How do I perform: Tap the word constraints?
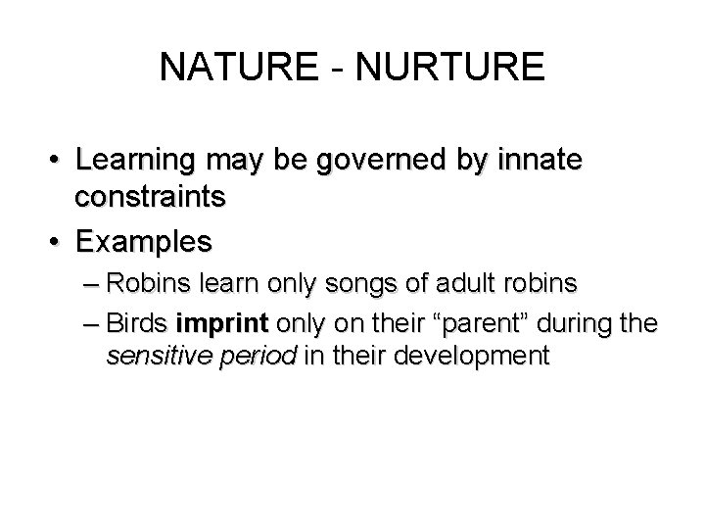pos(151,196)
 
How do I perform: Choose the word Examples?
pos(142,240)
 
